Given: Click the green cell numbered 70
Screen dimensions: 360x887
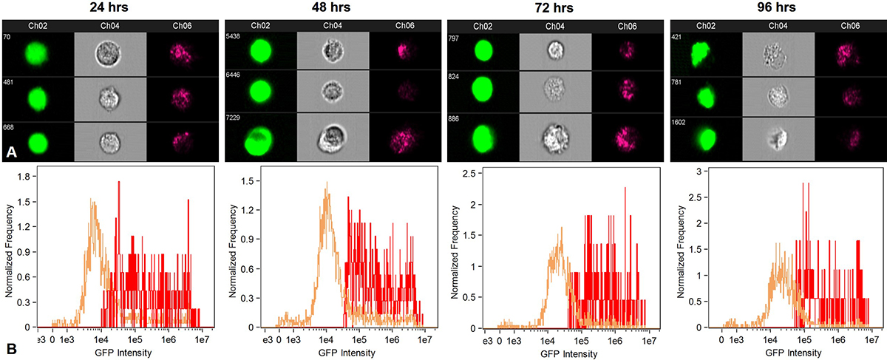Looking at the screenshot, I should (x=37, y=54).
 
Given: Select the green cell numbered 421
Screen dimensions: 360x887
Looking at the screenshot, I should (x=705, y=54).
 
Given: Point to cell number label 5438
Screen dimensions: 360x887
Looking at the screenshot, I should (x=235, y=35).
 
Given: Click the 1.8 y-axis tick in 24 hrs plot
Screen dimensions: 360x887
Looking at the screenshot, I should (x=24, y=177).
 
